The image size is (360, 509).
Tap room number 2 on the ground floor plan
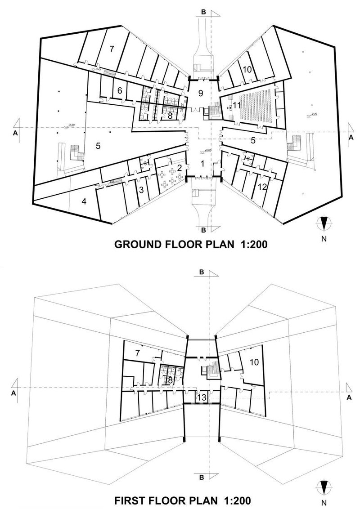[179, 168]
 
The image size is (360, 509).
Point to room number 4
[84, 201]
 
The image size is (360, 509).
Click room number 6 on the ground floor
[120, 90]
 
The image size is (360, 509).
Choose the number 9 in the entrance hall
[201, 93]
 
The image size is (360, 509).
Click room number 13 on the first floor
[201, 397]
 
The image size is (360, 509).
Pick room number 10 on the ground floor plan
[247, 69]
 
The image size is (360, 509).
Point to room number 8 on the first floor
[169, 380]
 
